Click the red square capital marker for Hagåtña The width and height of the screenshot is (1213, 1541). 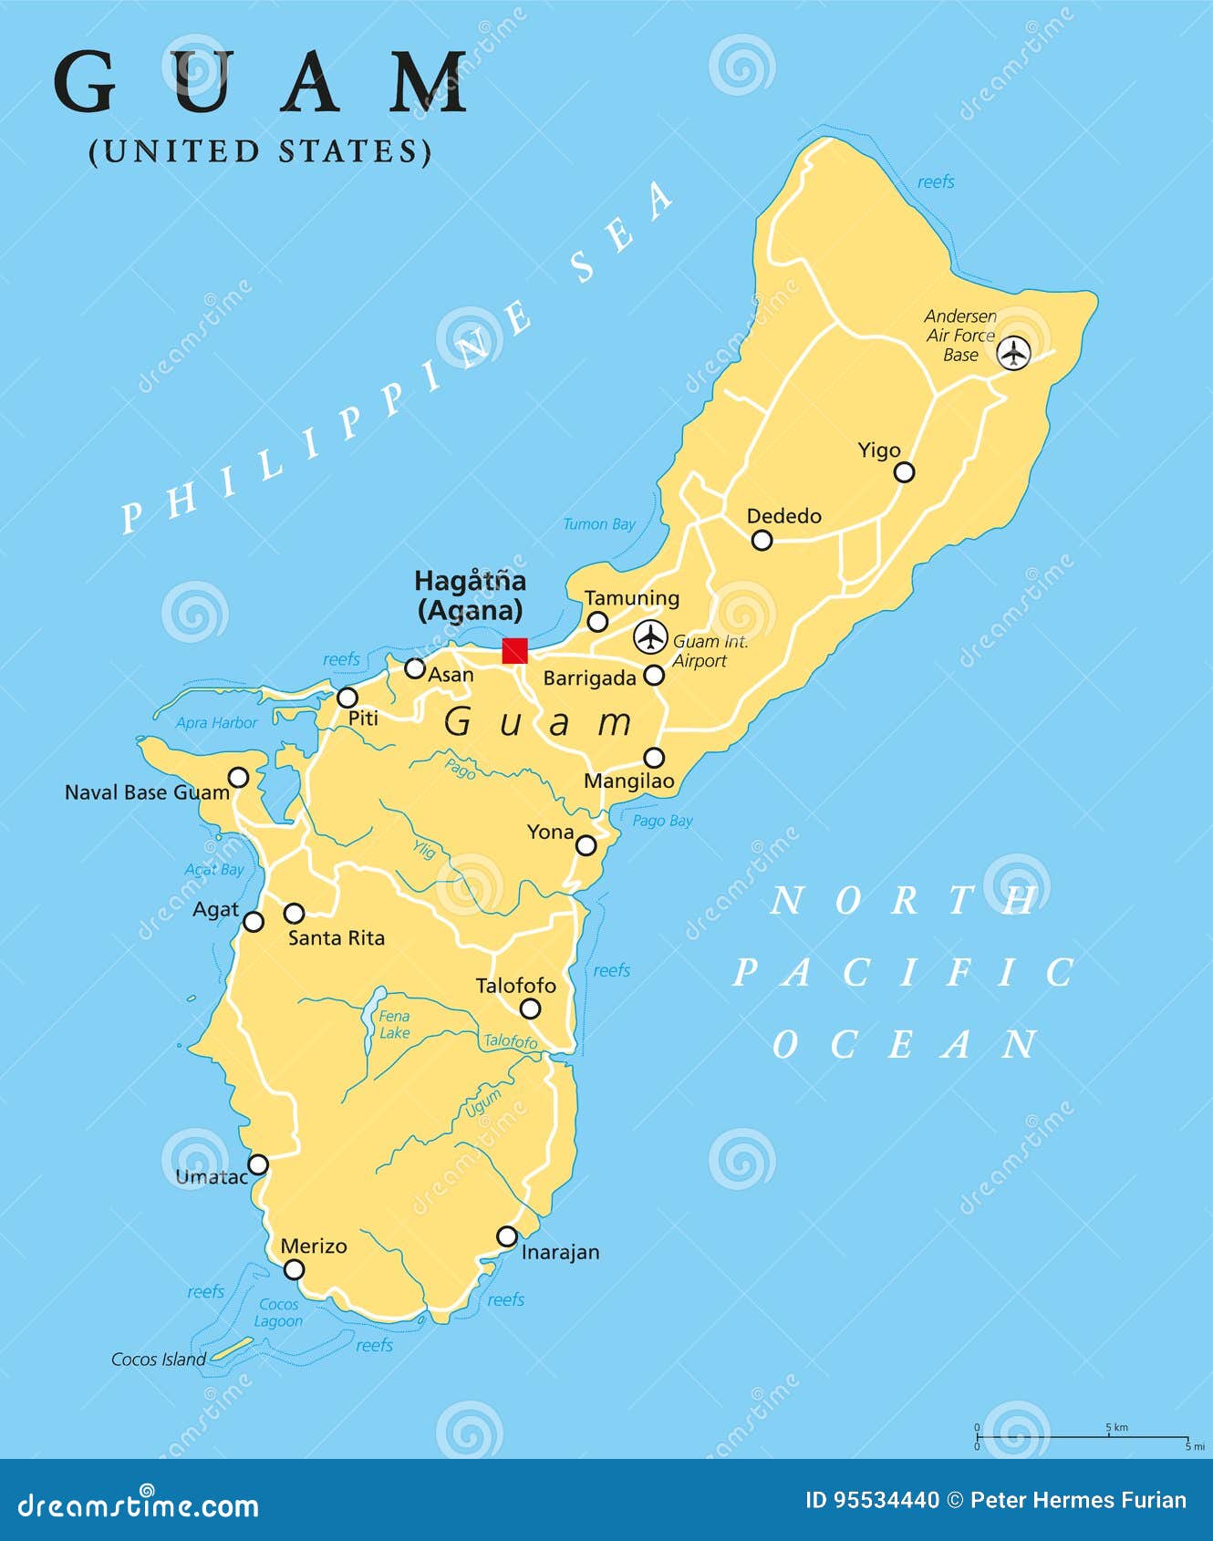coord(515,650)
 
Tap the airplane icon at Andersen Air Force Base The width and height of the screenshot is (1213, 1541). coord(1012,352)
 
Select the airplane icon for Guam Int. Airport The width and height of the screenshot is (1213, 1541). coord(650,636)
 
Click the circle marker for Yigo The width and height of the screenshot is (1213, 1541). coord(904,471)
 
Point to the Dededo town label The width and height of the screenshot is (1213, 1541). coord(783,516)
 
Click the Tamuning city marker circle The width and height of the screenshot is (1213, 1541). coord(597,622)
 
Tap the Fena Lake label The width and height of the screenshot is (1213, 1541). coord(394,1024)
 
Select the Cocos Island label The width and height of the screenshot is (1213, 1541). coord(158,1360)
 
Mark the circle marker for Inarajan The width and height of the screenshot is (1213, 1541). coord(506,1236)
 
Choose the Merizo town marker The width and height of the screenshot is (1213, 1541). coord(294,1269)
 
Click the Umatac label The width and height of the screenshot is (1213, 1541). coord(211,1177)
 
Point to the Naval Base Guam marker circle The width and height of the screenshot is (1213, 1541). coord(238,777)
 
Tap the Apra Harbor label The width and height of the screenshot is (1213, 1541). coord(216,723)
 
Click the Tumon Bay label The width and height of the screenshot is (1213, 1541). coord(598,524)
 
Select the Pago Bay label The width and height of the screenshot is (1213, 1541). coord(662,821)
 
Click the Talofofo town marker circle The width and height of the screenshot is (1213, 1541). coord(530,1008)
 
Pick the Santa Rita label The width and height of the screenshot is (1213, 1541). coord(336,937)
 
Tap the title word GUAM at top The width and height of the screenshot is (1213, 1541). coord(261,83)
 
